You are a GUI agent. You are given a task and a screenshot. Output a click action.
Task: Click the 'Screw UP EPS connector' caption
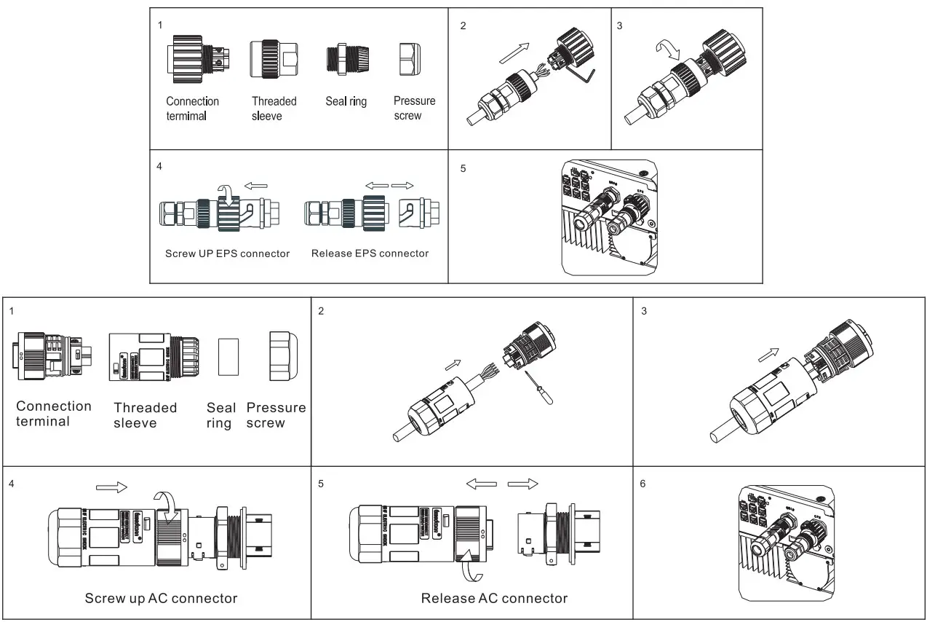point(227,253)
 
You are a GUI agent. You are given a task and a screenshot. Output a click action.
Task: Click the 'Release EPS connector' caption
point(370,253)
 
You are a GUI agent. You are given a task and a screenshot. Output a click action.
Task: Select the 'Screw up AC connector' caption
point(161,599)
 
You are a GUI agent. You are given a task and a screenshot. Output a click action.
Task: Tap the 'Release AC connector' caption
point(494,599)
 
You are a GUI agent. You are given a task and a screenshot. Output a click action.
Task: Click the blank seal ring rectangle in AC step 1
point(228,356)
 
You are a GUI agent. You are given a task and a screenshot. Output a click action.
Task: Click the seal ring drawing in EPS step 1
point(345,58)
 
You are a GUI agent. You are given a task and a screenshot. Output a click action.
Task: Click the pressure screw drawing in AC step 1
point(284,356)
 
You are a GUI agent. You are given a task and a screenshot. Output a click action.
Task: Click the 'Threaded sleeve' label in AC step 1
point(145,415)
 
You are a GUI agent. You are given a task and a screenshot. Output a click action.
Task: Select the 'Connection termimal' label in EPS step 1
point(192,109)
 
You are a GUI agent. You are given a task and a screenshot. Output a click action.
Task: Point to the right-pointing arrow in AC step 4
point(111,486)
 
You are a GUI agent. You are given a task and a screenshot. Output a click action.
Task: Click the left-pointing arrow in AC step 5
point(481,484)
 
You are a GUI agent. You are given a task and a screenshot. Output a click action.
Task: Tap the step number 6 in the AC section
point(643,484)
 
